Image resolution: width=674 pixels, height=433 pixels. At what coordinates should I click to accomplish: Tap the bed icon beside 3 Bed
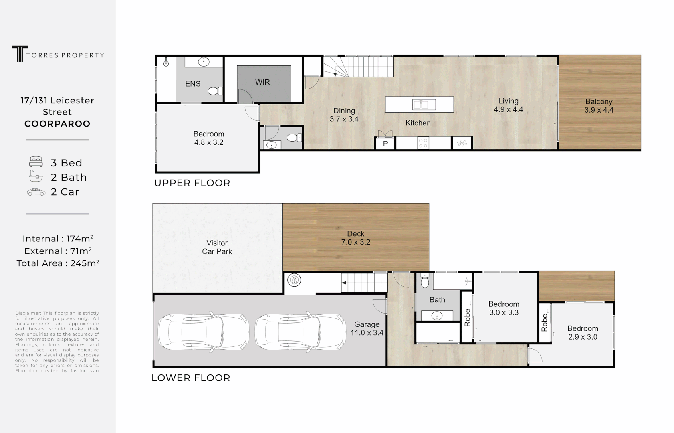coord(36,162)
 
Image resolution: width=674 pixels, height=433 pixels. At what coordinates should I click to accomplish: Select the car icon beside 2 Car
coord(36,192)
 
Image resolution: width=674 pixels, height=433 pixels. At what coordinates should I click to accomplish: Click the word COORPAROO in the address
coord(57,124)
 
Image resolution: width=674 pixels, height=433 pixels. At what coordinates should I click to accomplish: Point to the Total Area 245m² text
coord(58,263)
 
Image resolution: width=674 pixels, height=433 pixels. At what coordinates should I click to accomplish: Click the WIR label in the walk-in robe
coord(262,82)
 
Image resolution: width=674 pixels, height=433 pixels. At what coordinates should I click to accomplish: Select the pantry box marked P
coord(385,143)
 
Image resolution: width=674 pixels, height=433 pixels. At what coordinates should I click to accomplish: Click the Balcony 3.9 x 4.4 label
coord(599,106)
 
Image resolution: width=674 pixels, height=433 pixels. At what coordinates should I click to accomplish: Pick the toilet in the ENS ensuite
coord(216,91)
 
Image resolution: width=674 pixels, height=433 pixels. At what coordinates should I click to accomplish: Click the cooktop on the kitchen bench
coord(423,143)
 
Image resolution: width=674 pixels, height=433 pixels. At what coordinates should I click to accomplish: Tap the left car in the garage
coord(203,332)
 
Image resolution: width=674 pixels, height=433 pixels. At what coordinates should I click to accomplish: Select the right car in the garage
coord(300,331)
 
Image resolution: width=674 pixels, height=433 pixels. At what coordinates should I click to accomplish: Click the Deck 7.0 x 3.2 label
coord(355,238)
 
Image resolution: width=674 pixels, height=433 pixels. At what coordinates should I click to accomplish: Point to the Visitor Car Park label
coord(217,247)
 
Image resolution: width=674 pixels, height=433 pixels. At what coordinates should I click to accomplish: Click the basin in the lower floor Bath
coord(437,316)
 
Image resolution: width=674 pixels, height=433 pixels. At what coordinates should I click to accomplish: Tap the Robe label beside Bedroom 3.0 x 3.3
coord(467,318)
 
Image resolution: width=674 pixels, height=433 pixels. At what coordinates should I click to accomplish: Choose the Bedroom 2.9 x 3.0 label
coord(582,333)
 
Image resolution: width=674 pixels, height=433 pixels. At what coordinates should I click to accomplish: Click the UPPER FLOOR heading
coord(192,183)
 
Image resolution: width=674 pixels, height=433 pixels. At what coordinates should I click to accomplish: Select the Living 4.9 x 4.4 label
coord(508,105)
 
